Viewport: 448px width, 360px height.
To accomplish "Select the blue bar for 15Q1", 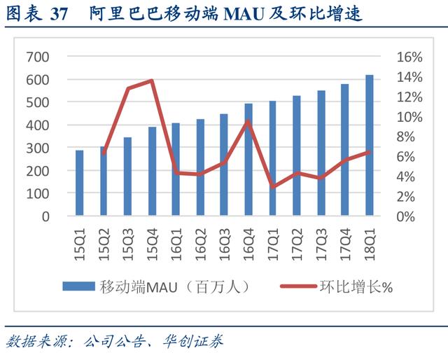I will click(x=80, y=183).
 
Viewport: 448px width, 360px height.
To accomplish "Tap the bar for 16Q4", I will click(x=248, y=160).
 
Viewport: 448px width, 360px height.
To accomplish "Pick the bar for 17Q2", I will click(x=297, y=155).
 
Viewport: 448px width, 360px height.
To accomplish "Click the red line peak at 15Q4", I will click(x=152, y=81).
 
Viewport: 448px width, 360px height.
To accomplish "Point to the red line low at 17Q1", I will click(x=273, y=187).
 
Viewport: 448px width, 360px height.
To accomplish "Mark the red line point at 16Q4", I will click(x=248, y=121).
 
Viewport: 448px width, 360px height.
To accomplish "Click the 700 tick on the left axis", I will click(x=37, y=57).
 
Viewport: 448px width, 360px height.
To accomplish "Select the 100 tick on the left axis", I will click(x=37, y=193).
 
